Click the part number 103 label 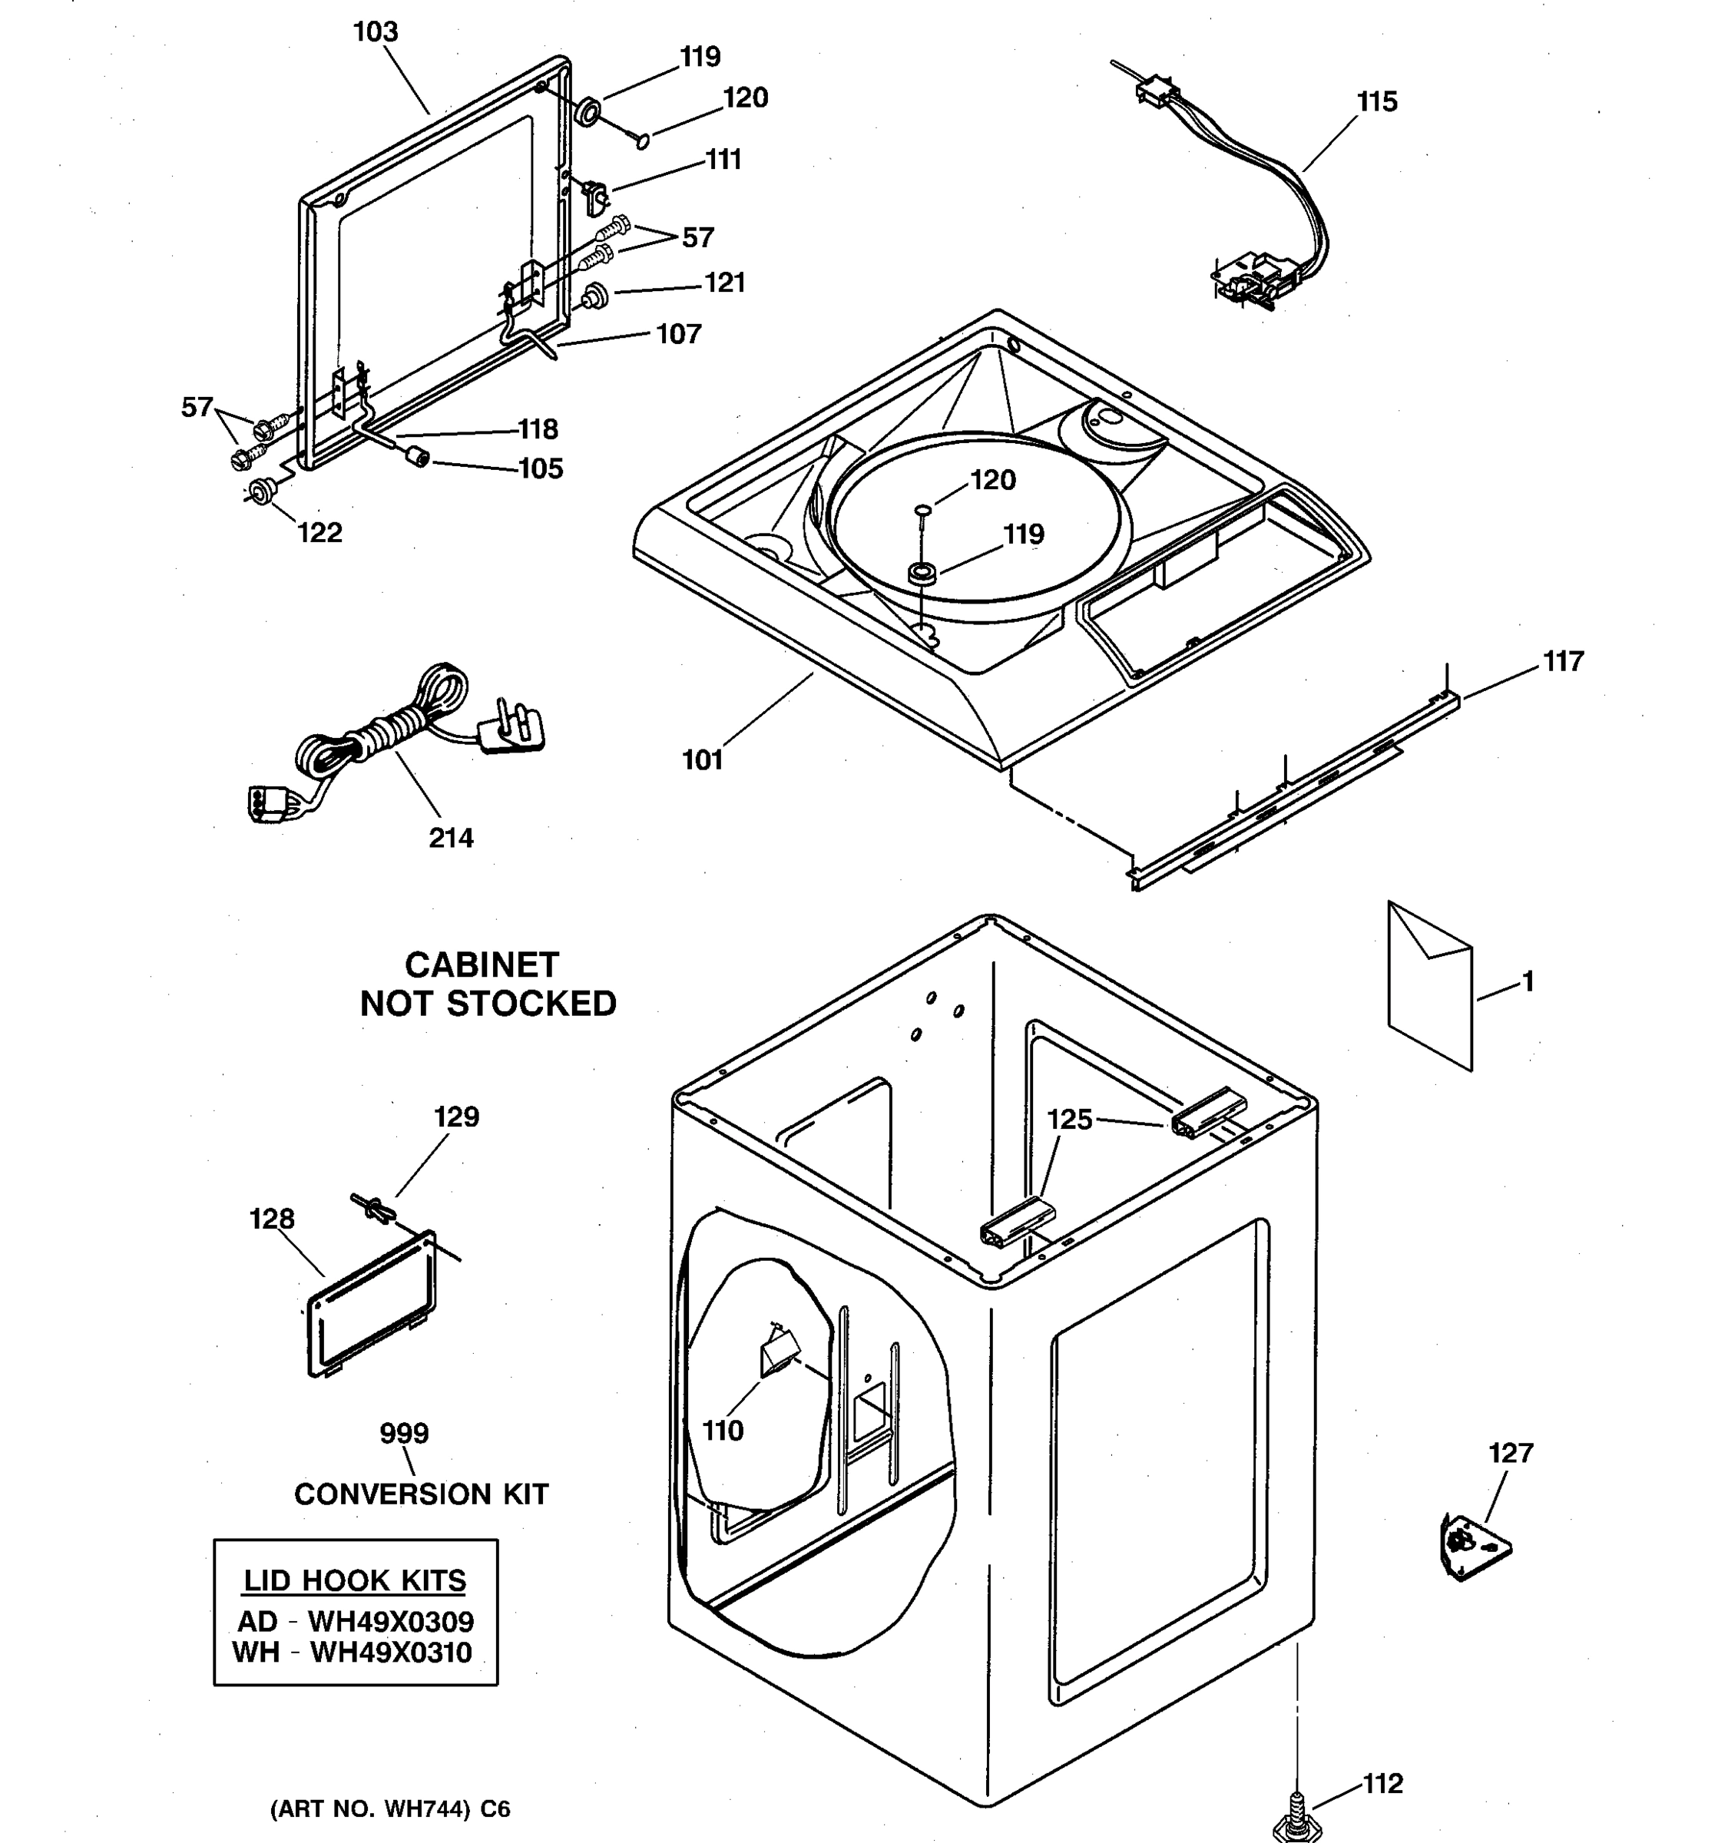(376, 32)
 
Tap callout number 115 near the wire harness (1377, 102)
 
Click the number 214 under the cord (451, 838)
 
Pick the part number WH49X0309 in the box (390, 1620)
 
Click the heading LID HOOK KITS (354, 1580)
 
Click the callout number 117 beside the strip (1563, 661)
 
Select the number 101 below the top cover (702, 760)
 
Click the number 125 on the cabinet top (1069, 1119)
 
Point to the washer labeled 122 (260, 491)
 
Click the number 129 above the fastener (456, 1117)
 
